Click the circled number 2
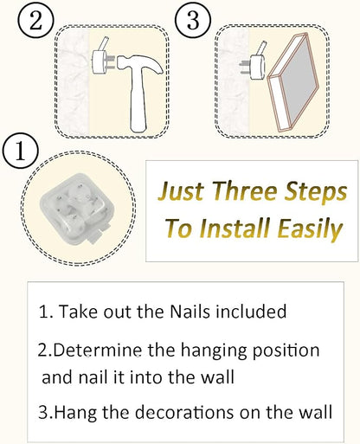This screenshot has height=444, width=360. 35,19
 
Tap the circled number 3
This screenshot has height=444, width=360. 193,19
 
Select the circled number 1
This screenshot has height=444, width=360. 21,151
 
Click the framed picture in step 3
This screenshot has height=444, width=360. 293,82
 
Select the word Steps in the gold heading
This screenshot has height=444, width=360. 315,192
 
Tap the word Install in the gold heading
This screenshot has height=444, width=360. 235,228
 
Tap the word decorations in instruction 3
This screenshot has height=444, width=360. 184,412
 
